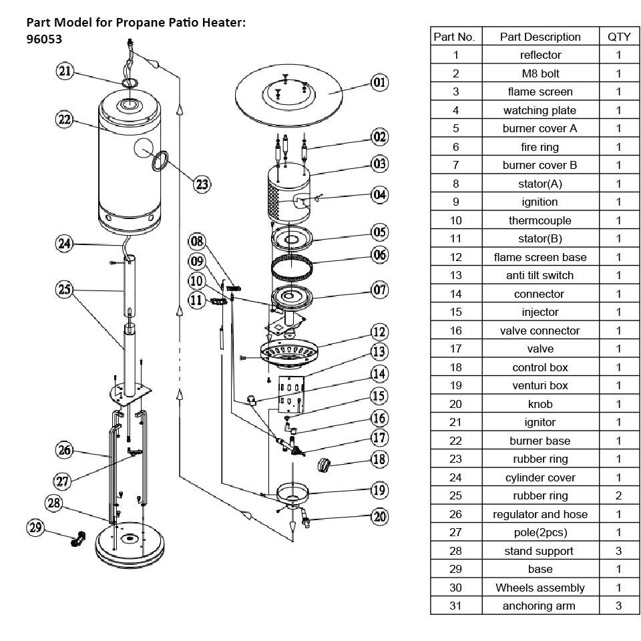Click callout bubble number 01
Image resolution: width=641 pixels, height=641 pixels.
(x=379, y=83)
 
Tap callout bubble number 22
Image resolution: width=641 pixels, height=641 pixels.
(x=64, y=120)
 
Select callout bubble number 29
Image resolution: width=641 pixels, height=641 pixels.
(x=36, y=527)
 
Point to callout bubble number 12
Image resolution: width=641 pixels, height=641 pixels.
(x=379, y=332)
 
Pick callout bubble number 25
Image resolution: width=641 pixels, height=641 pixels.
(x=64, y=289)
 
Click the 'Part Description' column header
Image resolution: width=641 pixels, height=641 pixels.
(x=540, y=37)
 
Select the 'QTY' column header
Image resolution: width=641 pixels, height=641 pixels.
(x=618, y=37)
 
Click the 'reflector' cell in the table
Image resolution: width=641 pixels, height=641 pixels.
(x=540, y=55)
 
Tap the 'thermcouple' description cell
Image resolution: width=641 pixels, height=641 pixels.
(x=540, y=220)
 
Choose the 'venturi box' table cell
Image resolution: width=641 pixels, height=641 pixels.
(x=540, y=385)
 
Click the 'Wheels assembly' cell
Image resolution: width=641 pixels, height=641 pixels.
(x=540, y=588)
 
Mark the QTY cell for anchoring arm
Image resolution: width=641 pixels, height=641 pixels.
(x=618, y=606)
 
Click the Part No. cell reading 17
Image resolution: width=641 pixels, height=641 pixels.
(x=456, y=349)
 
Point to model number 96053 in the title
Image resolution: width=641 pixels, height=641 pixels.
(x=45, y=39)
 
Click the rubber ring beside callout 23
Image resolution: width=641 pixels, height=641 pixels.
(x=160, y=160)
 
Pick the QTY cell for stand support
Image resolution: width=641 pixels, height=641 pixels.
(x=618, y=551)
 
